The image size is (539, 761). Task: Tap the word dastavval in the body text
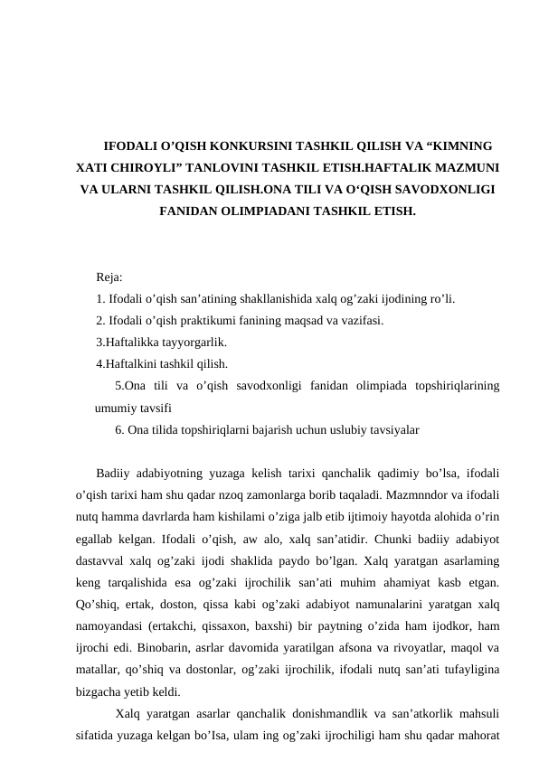(102, 561)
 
